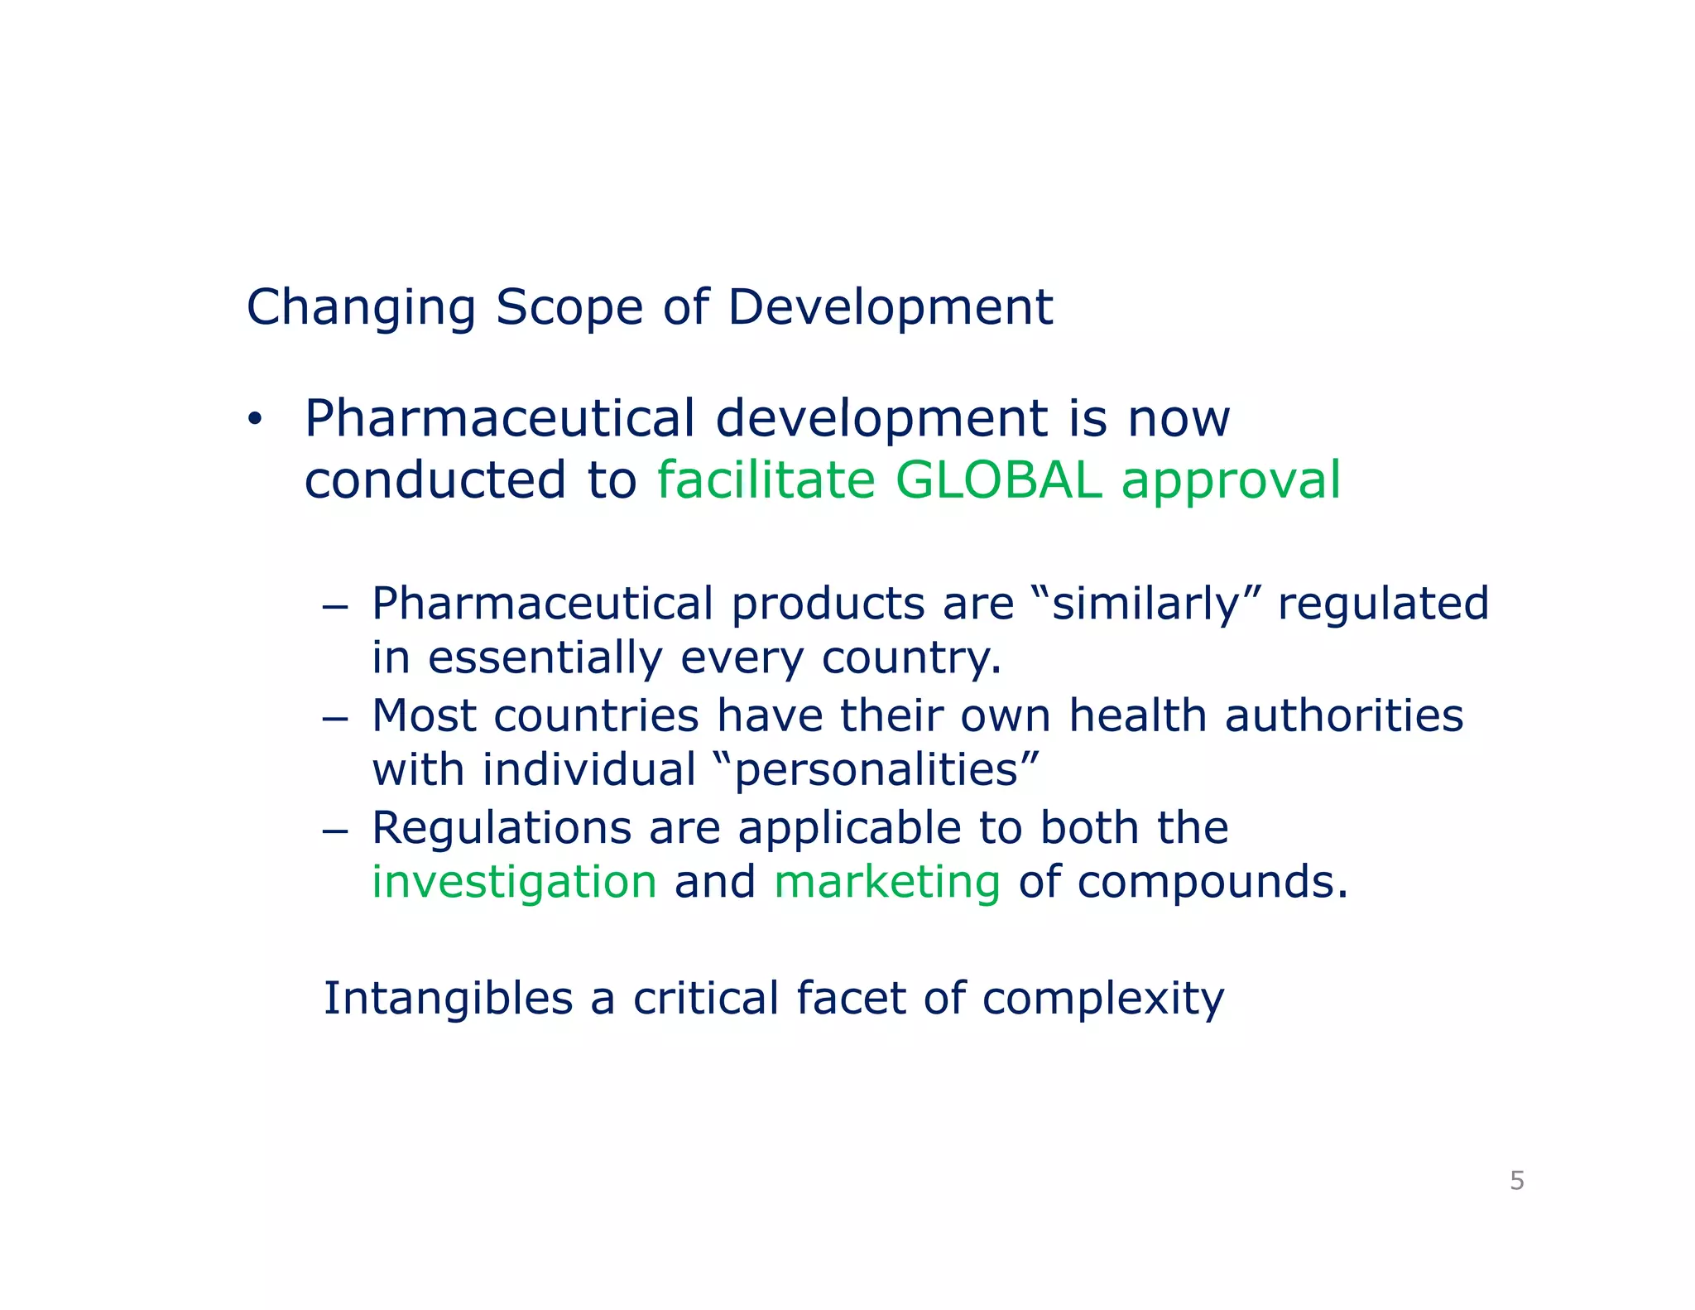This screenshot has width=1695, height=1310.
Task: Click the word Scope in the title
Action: pyautogui.click(x=569, y=307)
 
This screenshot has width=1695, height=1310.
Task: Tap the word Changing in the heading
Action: pyautogui.click(x=361, y=307)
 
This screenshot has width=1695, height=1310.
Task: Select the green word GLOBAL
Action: pyautogui.click(x=998, y=479)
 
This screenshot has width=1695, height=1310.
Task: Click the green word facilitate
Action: pyautogui.click(x=766, y=479)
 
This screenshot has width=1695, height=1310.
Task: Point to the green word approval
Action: pyautogui.click(x=1231, y=481)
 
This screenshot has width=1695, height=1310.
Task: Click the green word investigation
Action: pyautogui.click(x=514, y=881)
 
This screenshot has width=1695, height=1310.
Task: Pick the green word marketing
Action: pyautogui.click(x=887, y=881)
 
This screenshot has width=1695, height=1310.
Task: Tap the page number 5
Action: pyautogui.click(x=1516, y=1180)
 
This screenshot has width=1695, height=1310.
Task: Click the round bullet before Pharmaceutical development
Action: pyautogui.click(x=254, y=420)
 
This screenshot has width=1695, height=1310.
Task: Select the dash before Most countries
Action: pyautogui.click(x=334, y=718)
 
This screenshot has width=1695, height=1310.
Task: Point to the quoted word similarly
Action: pyautogui.click(x=1145, y=604)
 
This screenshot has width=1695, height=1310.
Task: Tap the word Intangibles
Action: pyautogui.click(x=448, y=998)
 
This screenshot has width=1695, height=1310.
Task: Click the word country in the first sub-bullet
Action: pyautogui.click(x=910, y=658)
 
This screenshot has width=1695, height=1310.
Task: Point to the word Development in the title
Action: pyautogui.click(x=890, y=307)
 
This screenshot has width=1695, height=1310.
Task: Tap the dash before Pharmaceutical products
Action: pyautogui.click(x=334, y=606)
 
